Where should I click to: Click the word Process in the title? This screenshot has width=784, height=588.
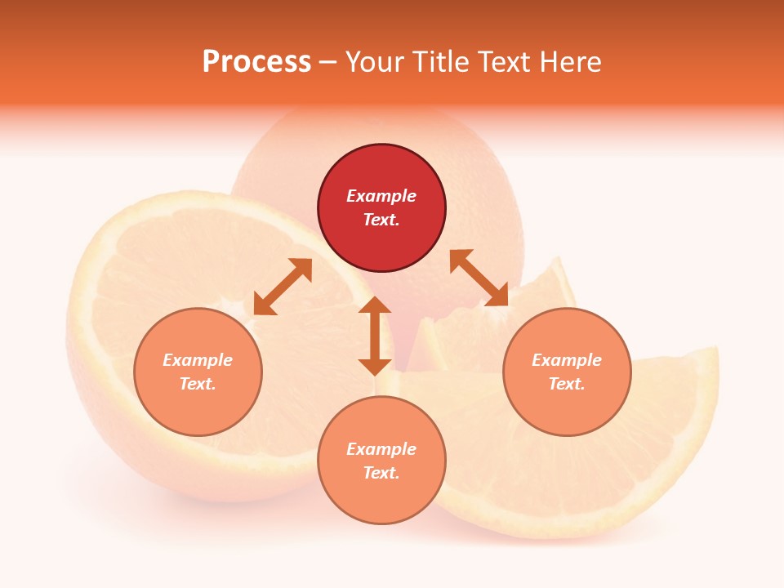256,62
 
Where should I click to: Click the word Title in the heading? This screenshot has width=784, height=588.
438,62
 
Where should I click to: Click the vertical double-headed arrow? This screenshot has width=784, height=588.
375,336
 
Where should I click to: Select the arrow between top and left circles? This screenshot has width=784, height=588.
283,287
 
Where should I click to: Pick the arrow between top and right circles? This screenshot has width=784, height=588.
479,278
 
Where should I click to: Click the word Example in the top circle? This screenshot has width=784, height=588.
381,196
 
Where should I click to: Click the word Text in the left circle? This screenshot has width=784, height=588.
198,384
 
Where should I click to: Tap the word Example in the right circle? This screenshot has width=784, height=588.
567,360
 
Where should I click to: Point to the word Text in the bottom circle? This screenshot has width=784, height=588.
381,473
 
